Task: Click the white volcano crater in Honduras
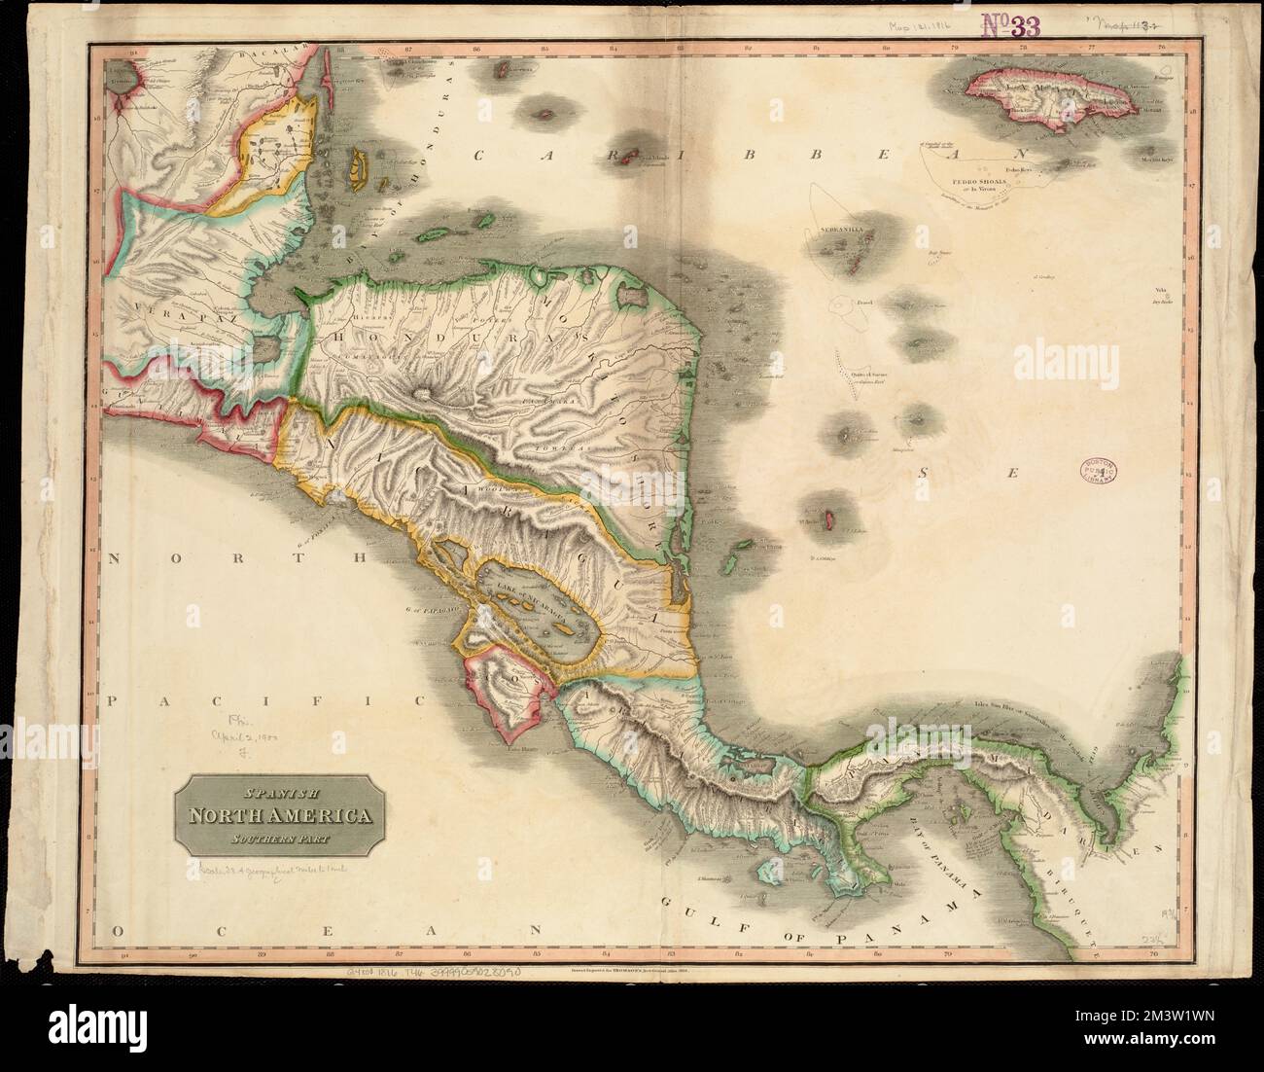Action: tap(422, 395)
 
